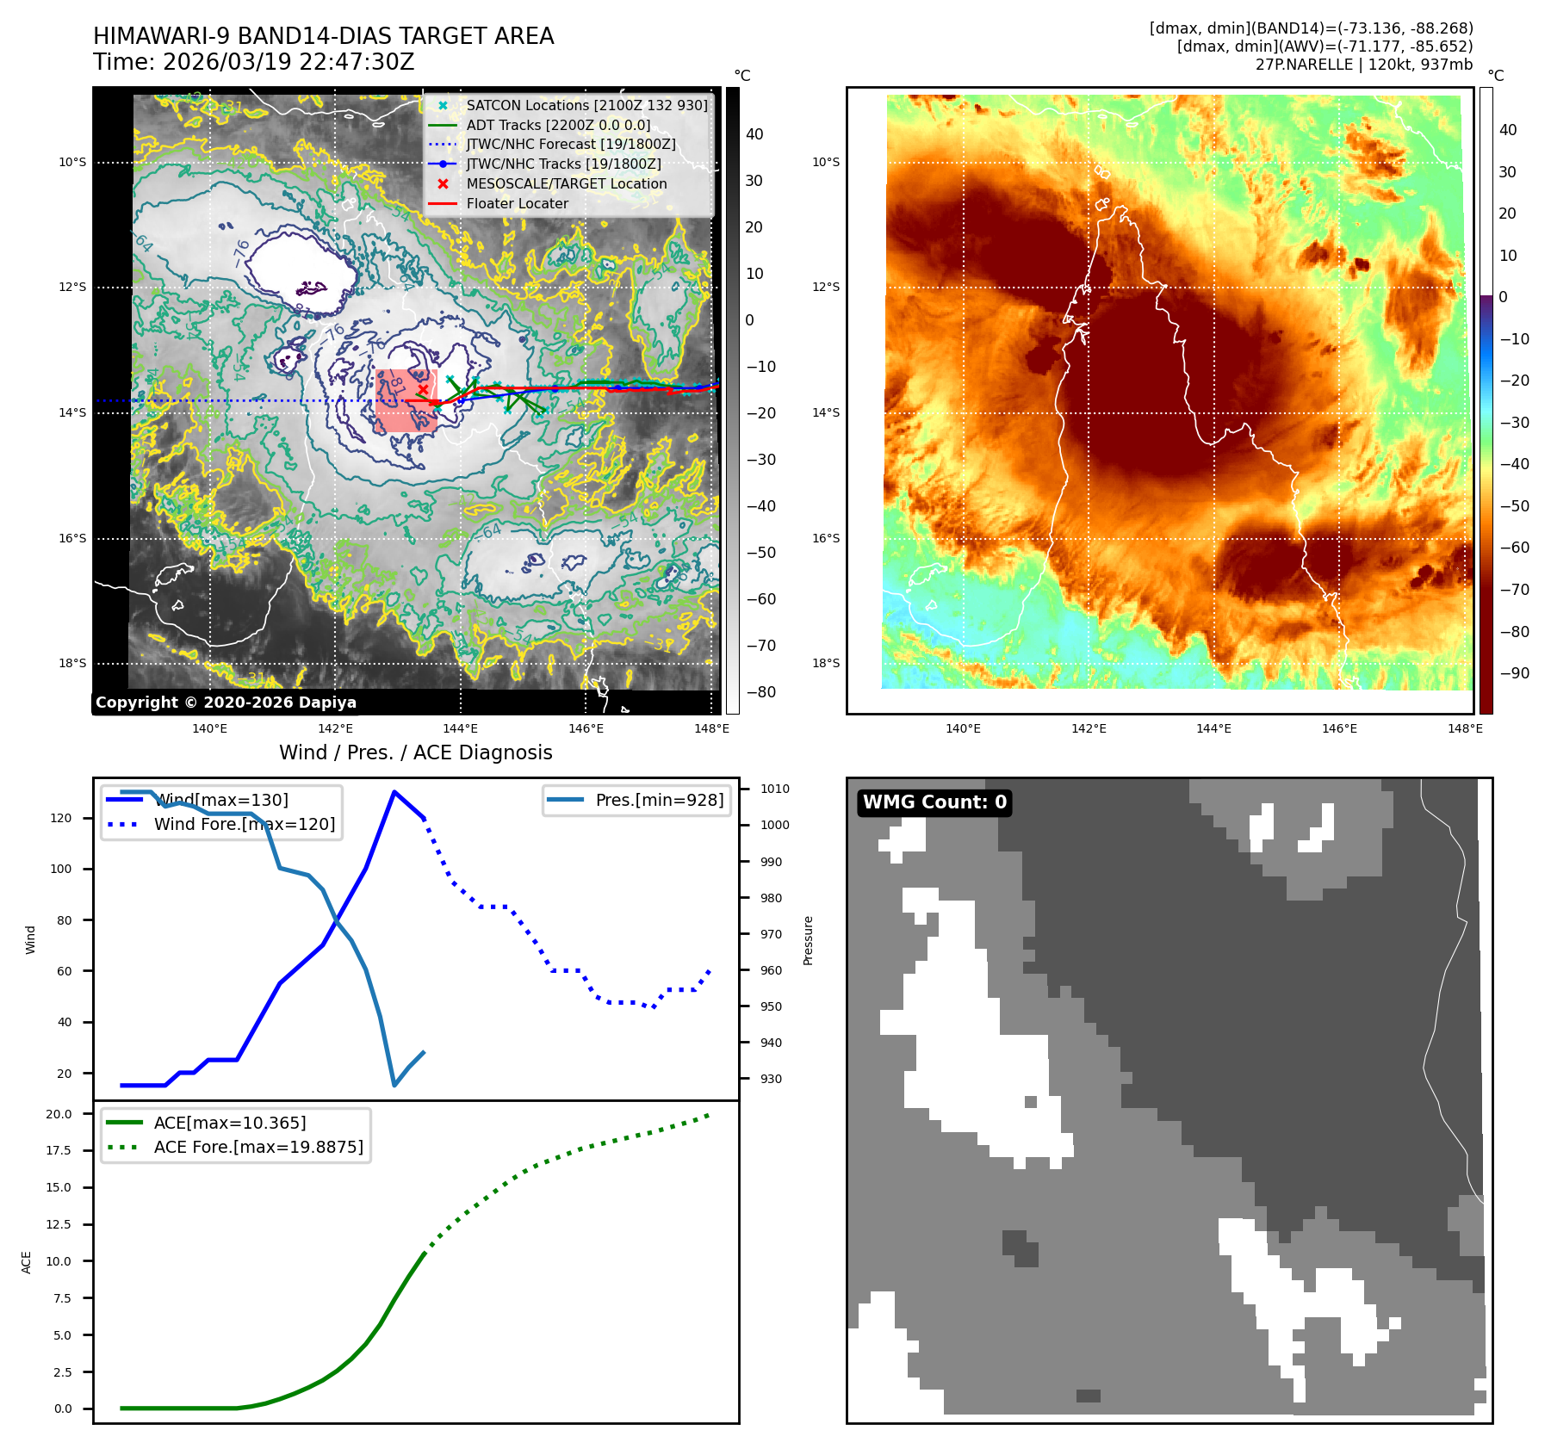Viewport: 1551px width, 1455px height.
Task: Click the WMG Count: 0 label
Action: tap(934, 802)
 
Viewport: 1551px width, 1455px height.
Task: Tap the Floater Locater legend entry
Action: tap(517, 204)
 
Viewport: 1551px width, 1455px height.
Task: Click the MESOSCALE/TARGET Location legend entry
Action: tap(566, 184)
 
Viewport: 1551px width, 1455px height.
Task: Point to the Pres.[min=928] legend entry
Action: tap(659, 800)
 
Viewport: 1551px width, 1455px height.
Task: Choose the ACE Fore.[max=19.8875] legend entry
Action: tap(258, 1147)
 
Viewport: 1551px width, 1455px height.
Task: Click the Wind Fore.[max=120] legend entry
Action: tap(245, 824)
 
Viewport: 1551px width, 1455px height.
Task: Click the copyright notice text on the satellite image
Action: tap(226, 703)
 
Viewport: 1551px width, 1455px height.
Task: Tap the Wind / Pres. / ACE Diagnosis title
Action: tap(415, 752)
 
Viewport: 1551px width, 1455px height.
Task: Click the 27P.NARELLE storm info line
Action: tap(1363, 65)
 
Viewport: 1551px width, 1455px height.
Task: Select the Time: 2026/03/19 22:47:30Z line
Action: tap(254, 62)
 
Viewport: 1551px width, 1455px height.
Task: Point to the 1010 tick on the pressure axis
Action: tap(774, 789)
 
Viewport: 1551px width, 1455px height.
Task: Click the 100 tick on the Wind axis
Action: tap(61, 869)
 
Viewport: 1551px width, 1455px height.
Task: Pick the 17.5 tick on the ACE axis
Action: tap(59, 1150)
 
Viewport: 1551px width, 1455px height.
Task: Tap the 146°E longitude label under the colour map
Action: tap(1339, 728)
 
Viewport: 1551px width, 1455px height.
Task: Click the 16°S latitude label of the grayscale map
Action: tap(72, 538)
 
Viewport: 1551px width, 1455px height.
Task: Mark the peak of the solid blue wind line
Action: tap(394, 791)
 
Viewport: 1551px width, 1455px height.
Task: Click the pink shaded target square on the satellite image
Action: tap(406, 400)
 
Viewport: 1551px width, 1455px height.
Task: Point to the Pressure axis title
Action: tap(808, 940)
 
